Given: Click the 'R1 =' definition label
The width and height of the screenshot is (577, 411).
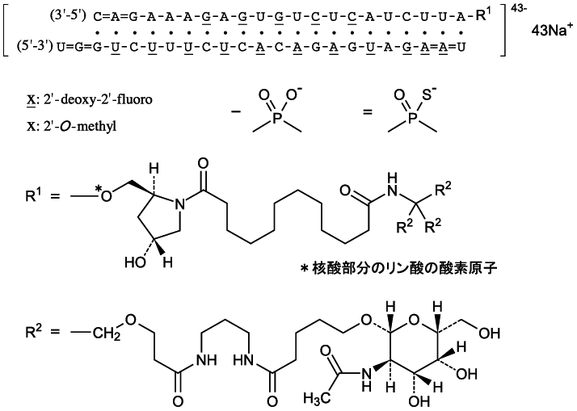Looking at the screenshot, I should click(33, 195).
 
